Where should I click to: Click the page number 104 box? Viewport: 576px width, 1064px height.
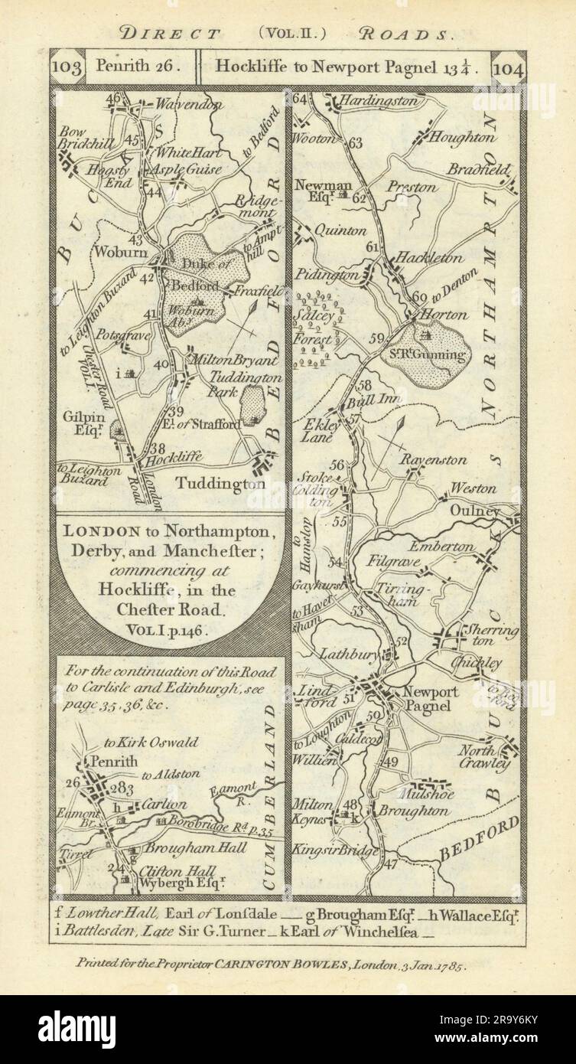click(509, 67)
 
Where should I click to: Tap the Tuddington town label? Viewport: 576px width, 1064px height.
click(220, 484)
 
